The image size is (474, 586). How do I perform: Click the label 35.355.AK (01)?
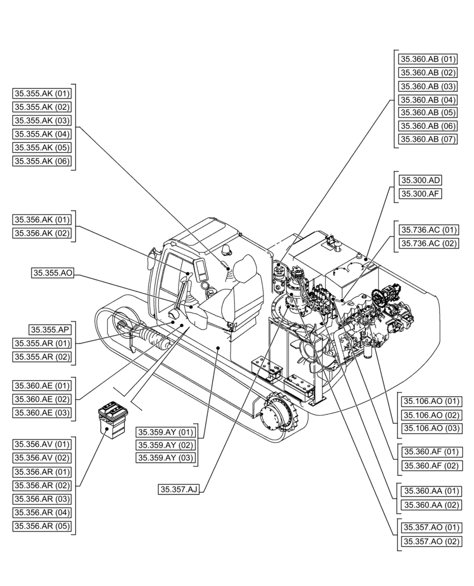click(42, 94)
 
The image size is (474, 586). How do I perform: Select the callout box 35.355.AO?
click(53, 273)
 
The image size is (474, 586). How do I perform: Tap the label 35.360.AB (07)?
click(428, 139)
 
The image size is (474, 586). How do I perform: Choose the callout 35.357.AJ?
click(179, 489)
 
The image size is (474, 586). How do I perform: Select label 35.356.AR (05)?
click(42, 526)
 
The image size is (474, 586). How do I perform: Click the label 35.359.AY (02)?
click(165, 445)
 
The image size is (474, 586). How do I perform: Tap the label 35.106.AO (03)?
click(431, 428)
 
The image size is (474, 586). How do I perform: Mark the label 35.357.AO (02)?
click(431, 541)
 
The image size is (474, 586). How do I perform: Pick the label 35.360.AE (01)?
click(42, 386)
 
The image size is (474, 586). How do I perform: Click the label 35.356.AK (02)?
click(42, 233)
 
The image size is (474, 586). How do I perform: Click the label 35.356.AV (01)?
click(42, 444)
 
